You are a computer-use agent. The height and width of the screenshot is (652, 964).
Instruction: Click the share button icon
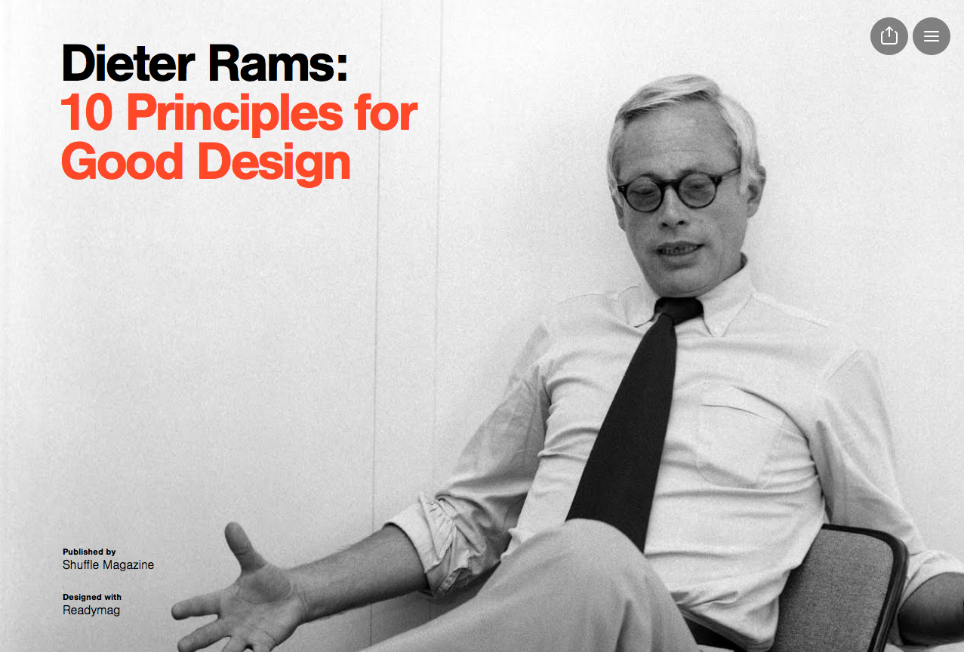[889, 36]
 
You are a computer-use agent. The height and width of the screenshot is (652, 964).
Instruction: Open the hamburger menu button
[932, 36]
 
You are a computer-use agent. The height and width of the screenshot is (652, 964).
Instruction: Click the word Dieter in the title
[128, 63]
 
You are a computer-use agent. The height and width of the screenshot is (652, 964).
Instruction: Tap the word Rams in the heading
[278, 63]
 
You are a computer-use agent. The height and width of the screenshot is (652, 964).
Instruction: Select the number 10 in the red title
[88, 112]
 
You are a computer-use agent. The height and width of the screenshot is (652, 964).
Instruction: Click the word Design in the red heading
[274, 165]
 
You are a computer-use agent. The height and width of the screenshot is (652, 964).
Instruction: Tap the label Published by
[89, 552]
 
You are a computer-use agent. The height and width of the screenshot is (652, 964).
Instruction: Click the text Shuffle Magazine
[108, 564]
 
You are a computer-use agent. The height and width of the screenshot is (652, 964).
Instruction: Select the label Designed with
[92, 597]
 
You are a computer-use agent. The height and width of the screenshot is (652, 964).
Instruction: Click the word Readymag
[91, 610]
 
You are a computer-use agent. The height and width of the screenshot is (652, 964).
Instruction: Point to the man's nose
[674, 211]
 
